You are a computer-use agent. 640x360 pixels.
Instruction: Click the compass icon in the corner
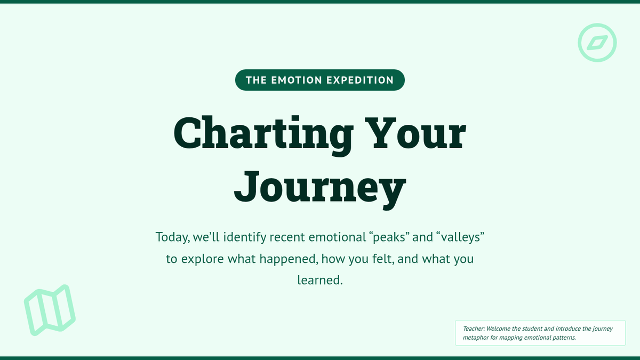(597, 29)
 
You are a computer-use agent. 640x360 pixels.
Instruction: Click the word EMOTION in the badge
(297, 81)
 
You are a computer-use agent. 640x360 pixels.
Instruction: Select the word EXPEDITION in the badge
(360, 81)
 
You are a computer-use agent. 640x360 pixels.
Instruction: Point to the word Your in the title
(415, 133)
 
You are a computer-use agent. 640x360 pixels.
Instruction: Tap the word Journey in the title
(320, 189)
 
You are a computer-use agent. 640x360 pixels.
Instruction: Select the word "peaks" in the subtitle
(389, 237)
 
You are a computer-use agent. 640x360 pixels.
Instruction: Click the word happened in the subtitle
(289, 259)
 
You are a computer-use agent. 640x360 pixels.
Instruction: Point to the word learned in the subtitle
(320, 280)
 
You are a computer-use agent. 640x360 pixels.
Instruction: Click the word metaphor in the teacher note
(475, 338)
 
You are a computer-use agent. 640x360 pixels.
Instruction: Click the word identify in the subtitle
(245, 237)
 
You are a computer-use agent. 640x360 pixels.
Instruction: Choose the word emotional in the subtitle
(338, 237)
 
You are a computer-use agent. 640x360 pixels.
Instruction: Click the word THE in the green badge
(256, 81)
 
